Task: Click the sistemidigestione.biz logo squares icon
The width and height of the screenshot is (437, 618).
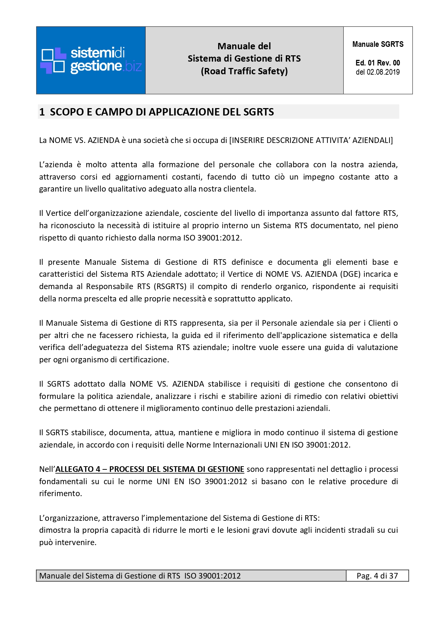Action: tap(54, 61)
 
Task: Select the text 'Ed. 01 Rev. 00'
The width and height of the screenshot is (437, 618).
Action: tap(378, 63)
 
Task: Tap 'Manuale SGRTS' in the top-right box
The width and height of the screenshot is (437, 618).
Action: tap(378, 44)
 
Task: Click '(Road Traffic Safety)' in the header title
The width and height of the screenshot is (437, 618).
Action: tap(244, 71)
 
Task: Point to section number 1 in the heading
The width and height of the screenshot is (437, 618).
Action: tap(42, 112)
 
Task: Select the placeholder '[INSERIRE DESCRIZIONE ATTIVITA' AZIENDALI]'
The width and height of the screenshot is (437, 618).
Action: tap(311, 140)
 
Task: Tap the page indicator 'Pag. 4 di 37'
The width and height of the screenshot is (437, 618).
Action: tap(377, 576)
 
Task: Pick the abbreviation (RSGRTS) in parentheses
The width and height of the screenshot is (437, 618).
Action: tap(170, 286)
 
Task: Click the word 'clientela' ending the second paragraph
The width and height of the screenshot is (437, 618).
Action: tap(239, 189)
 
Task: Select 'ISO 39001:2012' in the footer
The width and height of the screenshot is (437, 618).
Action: tap(213, 576)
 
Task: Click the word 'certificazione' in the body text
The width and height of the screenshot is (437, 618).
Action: tap(144, 360)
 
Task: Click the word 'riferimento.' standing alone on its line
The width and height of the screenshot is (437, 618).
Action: tap(60, 493)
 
